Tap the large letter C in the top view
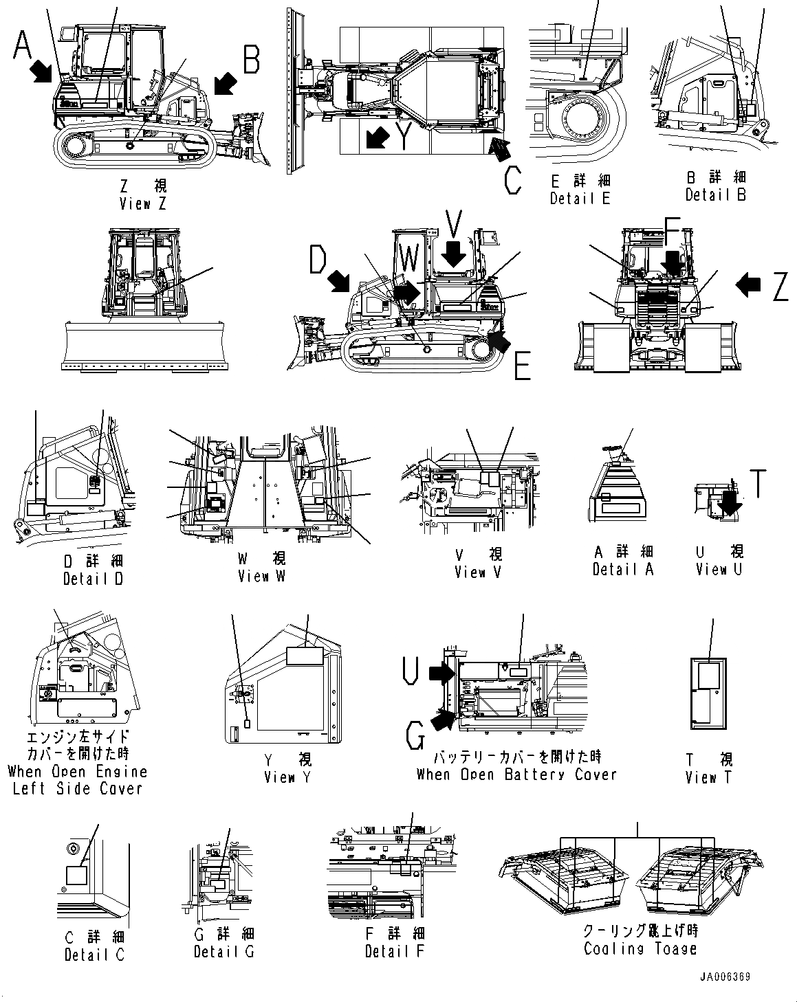512,180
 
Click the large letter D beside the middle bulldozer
318,260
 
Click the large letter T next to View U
757,483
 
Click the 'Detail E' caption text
580,198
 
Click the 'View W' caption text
261,576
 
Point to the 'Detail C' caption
95,954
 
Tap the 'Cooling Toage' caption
640,949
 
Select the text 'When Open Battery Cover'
516,774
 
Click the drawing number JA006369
725,977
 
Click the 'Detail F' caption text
395,951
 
